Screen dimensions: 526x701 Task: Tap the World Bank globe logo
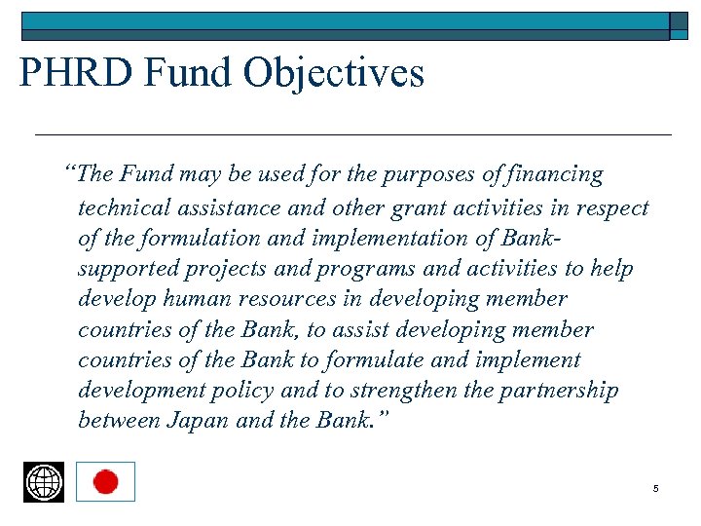[x=44, y=482]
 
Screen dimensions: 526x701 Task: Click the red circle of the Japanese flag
[x=105, y=482]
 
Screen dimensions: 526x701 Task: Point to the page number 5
[x=656, y=488]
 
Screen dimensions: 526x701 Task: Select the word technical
[x=123, y=207]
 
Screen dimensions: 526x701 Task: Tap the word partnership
[x=558, y=392]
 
